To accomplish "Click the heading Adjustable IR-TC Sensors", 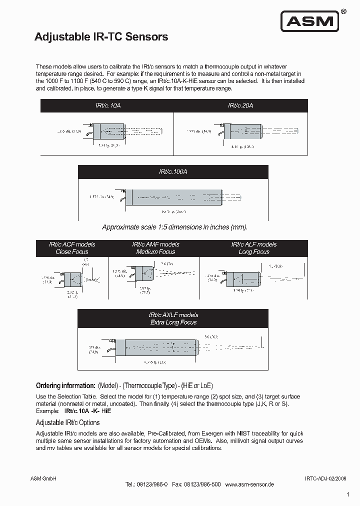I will click(100, 37).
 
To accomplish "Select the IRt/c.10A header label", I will click(107, 105).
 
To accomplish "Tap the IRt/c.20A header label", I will click(240, 105).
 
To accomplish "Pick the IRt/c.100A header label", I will click(173, 171).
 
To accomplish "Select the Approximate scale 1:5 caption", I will click(174, 227).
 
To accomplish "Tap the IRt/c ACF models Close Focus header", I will click(72, 248).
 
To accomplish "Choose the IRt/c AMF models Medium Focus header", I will click(155, 248).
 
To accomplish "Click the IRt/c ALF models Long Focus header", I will click(253, 248).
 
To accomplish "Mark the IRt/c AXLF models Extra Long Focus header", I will click(173, 318).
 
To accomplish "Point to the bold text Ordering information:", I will click(65, 385).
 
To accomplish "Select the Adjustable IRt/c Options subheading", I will click(67, 422).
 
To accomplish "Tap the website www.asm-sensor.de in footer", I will click(249, 484).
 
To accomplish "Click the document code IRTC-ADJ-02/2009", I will click(325, 478).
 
